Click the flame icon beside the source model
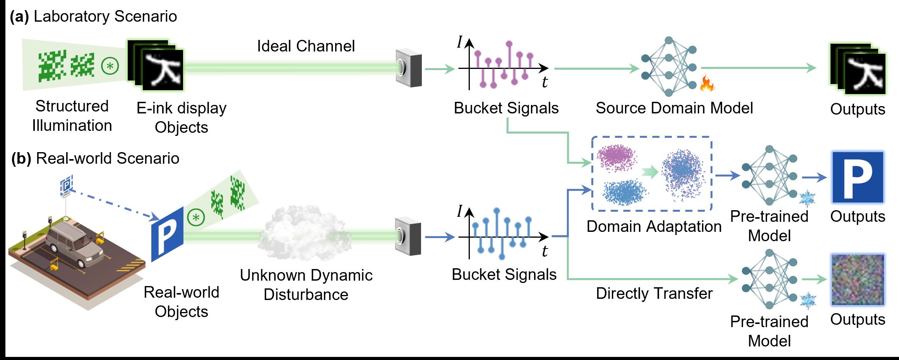point(707,83)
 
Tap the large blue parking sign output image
point(858,177)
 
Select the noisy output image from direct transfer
point(858,279)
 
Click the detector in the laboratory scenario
point(408,68)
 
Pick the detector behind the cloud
point(408,237)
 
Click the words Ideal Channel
point(306,46)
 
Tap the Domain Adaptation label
point(654,226)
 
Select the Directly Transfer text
point(654,293)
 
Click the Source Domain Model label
point(674,108)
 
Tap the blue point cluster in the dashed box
point(624,192)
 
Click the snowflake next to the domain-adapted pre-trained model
point(807,199)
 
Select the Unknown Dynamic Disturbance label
point(306,285)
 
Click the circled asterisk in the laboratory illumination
point(110,66)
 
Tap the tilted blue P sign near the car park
point(167,234)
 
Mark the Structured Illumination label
point(72,116)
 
